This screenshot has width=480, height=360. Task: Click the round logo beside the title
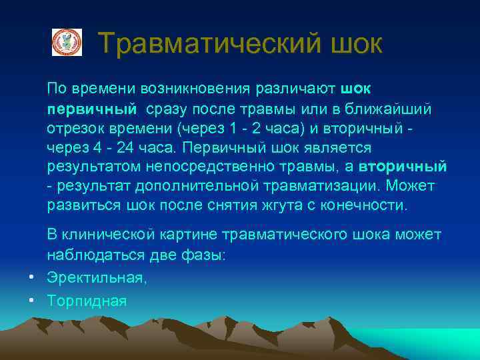coord(67,42)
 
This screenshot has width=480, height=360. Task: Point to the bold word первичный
coord(91,108)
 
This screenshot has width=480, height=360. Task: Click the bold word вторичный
coord(402,166)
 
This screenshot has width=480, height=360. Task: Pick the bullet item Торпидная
coord(87,300)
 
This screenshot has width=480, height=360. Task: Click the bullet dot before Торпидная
coord(31,300)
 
